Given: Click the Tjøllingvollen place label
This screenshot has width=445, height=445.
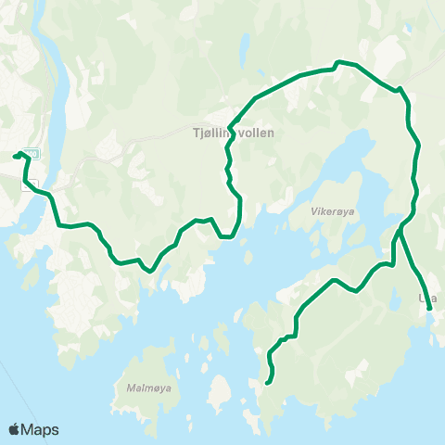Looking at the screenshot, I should coord(235,133).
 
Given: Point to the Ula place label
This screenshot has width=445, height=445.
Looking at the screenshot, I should coord(427,298).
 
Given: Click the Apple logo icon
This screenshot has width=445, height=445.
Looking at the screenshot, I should coord(15,429).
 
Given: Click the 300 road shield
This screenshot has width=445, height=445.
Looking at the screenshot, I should coord(32,154).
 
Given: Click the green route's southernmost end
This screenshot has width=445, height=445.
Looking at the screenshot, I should coord(267,382).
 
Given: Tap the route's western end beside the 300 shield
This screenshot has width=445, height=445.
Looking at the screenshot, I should coord(15,156).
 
